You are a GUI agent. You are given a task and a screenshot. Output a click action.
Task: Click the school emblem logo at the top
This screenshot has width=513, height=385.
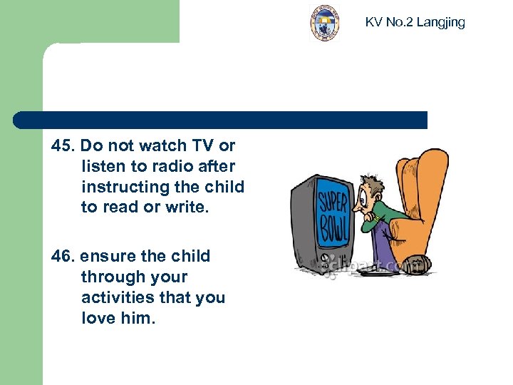(x=324, y=23)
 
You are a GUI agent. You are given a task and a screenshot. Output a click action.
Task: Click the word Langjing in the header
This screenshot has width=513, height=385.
(x=440, y=22)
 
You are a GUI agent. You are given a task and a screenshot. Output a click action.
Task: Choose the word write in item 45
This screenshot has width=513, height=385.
(x=193, y=207)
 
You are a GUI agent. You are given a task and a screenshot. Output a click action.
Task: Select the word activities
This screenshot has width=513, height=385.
(x=115, y=297)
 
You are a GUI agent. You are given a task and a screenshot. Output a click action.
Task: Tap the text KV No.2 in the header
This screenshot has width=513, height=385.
(x=389, y=22)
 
